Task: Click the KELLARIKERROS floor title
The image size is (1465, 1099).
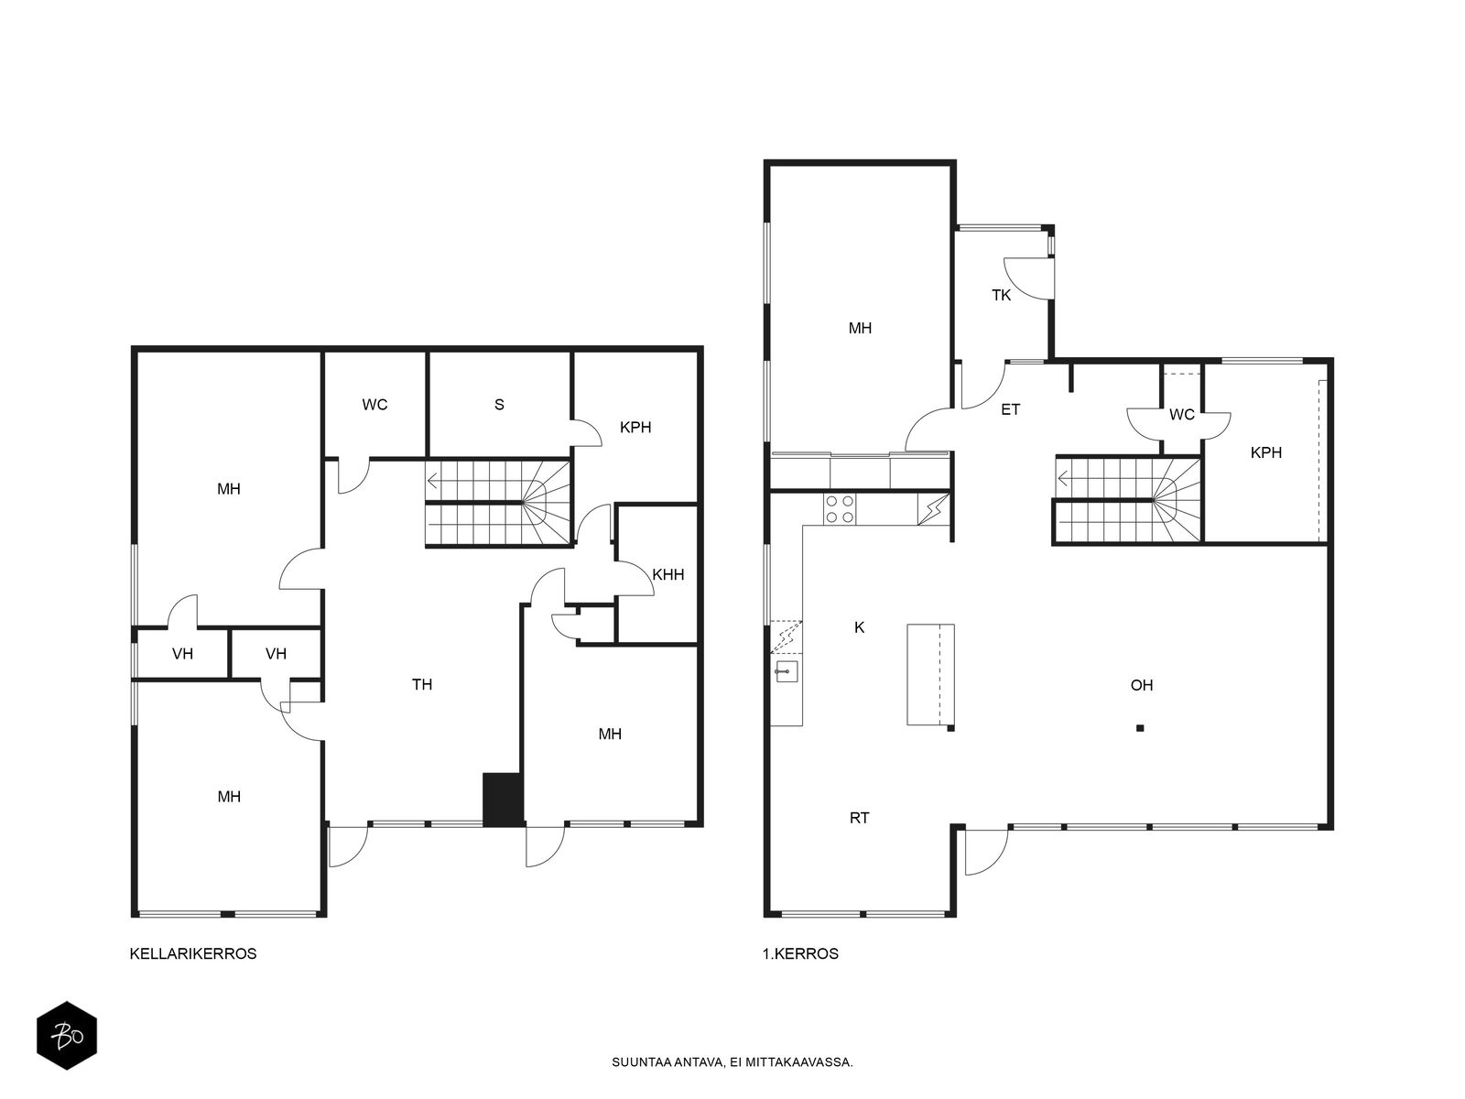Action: (193, 953)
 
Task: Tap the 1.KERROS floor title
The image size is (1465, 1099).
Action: (800, 953)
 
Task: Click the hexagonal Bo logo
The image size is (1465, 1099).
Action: (67, 1036)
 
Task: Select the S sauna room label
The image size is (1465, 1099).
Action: (499, 405)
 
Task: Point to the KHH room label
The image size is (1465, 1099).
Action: (668, 574)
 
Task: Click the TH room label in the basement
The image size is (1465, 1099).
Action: (422, 684)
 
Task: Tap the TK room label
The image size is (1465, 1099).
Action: (1001, 295)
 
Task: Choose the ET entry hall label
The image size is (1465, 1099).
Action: (1011, 409)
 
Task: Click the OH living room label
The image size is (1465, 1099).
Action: (1142, 685)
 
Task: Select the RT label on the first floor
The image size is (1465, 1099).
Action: (859, 818)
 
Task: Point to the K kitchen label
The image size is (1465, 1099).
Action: (860, 627)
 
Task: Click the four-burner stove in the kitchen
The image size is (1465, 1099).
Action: (840, 508)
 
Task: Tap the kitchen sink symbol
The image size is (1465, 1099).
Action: (786, 670)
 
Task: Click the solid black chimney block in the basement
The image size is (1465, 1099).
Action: (503, 800)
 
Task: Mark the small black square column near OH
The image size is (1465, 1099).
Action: (1140, 728)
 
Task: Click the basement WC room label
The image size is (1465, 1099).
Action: (374, 405)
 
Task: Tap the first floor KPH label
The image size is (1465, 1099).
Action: (1266, 452)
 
